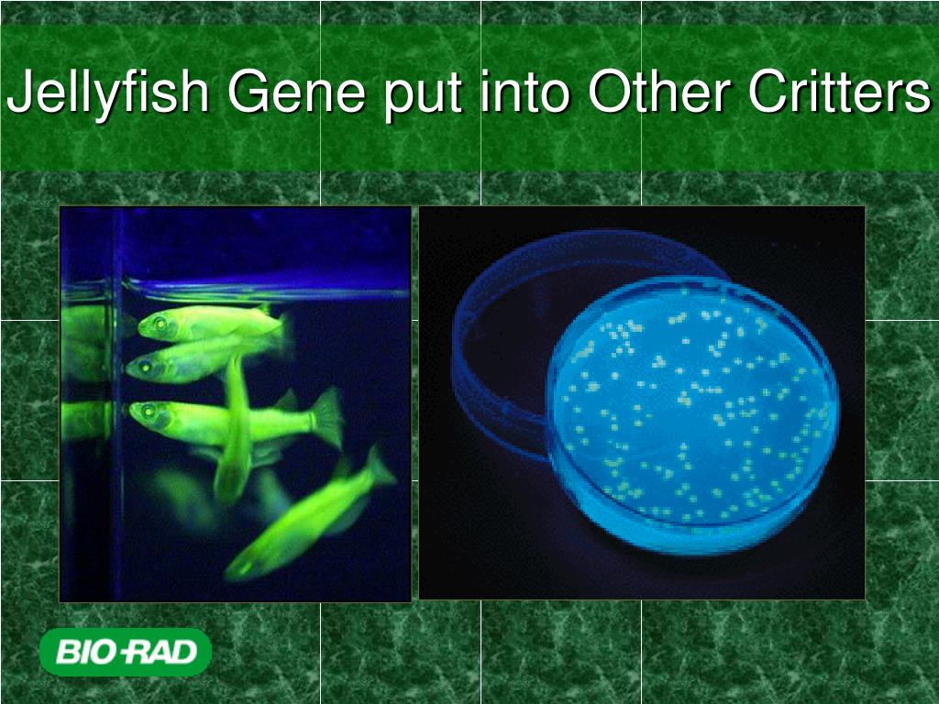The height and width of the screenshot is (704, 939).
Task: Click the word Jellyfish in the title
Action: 108,95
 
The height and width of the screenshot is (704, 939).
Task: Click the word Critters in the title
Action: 838,93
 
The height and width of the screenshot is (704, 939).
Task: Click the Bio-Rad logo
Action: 125,653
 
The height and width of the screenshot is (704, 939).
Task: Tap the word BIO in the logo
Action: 86,653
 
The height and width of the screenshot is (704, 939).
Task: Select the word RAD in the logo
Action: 163,653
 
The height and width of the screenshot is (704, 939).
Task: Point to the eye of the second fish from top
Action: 145,368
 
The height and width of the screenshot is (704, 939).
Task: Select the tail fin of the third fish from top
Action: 326,417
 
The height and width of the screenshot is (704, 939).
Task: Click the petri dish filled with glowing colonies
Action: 692,408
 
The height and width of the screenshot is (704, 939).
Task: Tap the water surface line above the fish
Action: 266,291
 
